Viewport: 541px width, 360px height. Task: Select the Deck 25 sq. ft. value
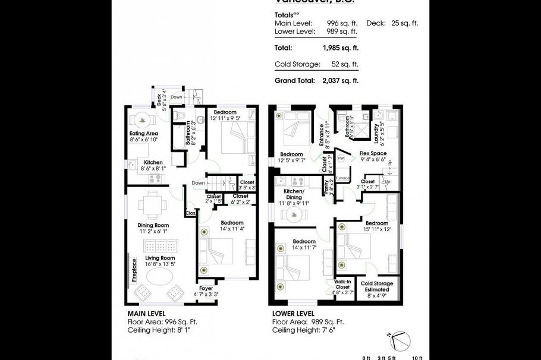click(x=405, y=23)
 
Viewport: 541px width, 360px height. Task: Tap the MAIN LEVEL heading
click(x=146, y=313)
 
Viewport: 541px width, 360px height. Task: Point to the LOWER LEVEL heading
click(x=294, y=313)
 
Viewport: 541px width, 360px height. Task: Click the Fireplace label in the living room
click(x=134, y=270)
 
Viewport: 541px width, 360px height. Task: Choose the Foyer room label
click(x=206, y=289)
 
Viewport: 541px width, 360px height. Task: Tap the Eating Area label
click(x=143, y=134)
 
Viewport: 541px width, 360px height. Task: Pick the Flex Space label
click(x=373, y=153)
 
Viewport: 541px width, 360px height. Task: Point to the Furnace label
click(x=342, y=178)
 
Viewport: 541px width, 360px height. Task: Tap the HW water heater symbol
click(x=341, y=159)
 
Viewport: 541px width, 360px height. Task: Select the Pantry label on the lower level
click(x=326, y=187)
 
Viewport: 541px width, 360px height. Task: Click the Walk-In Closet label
click(x=342, y=285)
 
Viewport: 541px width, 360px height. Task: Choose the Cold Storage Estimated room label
click(x=377, y=287)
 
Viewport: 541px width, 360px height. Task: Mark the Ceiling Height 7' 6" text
click(x=304, y=330)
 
